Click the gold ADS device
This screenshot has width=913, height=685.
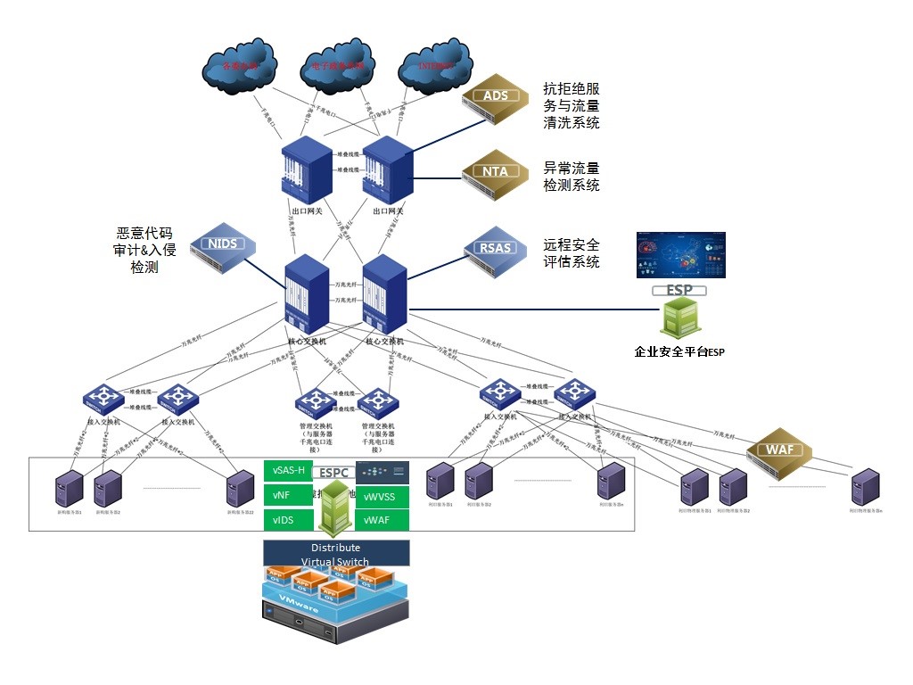click(497, 98)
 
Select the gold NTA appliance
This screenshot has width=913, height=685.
click(497, 173)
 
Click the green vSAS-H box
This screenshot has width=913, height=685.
click(290, 470)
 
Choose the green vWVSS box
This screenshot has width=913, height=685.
click(382, 496)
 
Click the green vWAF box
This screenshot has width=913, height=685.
click(382, 520)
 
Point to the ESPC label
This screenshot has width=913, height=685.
click(334, 471)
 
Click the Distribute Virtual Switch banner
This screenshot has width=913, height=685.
click(336, 553)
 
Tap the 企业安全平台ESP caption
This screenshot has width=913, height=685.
click(679, 352)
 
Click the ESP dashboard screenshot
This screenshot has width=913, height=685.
click(680, 255)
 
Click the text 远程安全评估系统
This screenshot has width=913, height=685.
click(572, 253)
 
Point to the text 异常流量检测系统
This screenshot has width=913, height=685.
click(572, 177)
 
